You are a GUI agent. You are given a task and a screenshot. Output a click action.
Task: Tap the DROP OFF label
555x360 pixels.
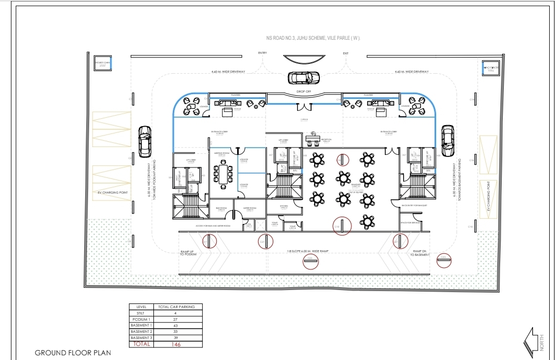tap(304, 91)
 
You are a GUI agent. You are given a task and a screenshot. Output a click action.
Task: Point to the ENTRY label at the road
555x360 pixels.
tap(262, 53)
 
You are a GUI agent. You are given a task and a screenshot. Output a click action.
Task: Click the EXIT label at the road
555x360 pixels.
tap(346, 53)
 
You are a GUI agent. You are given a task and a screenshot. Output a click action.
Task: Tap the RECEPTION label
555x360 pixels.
tap(326, 140)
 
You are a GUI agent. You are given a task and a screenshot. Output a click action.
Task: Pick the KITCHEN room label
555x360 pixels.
tap(284, 206)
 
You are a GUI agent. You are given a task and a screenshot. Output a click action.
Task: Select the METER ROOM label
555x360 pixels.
tap(250, 208)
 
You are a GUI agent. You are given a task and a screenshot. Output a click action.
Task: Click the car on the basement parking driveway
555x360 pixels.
tap(448, 140)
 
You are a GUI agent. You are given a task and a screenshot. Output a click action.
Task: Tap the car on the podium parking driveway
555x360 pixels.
tap(145, 141)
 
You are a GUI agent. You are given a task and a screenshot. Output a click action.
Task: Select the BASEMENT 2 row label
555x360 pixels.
tap(141, 332)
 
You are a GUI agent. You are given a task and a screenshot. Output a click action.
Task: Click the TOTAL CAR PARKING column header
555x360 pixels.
tap(180, 307)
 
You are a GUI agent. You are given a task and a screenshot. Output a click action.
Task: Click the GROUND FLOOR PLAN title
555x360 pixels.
tap(73, 353)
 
